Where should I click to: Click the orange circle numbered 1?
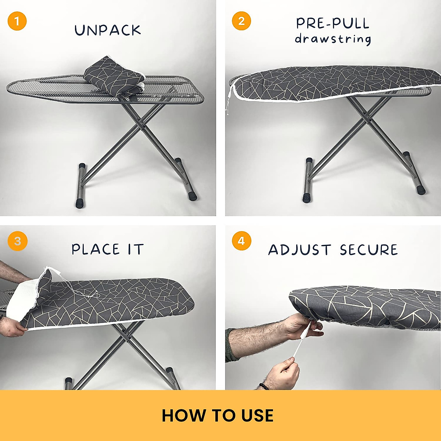tap(17, 21)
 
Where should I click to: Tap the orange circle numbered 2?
tap(241, 21)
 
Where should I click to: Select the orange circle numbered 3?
tap(17, 241)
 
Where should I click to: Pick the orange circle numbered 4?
tap(241, 241)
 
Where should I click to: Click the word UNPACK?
tap(108, 31)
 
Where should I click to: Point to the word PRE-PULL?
tap(333, 24)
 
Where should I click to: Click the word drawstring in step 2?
tap(333, 39)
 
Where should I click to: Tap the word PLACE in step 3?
tap(96, 249)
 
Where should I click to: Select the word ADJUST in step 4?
tap(300, 250)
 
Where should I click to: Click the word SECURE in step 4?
tap(369, 250)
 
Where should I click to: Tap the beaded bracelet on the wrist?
tap(263, 386)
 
